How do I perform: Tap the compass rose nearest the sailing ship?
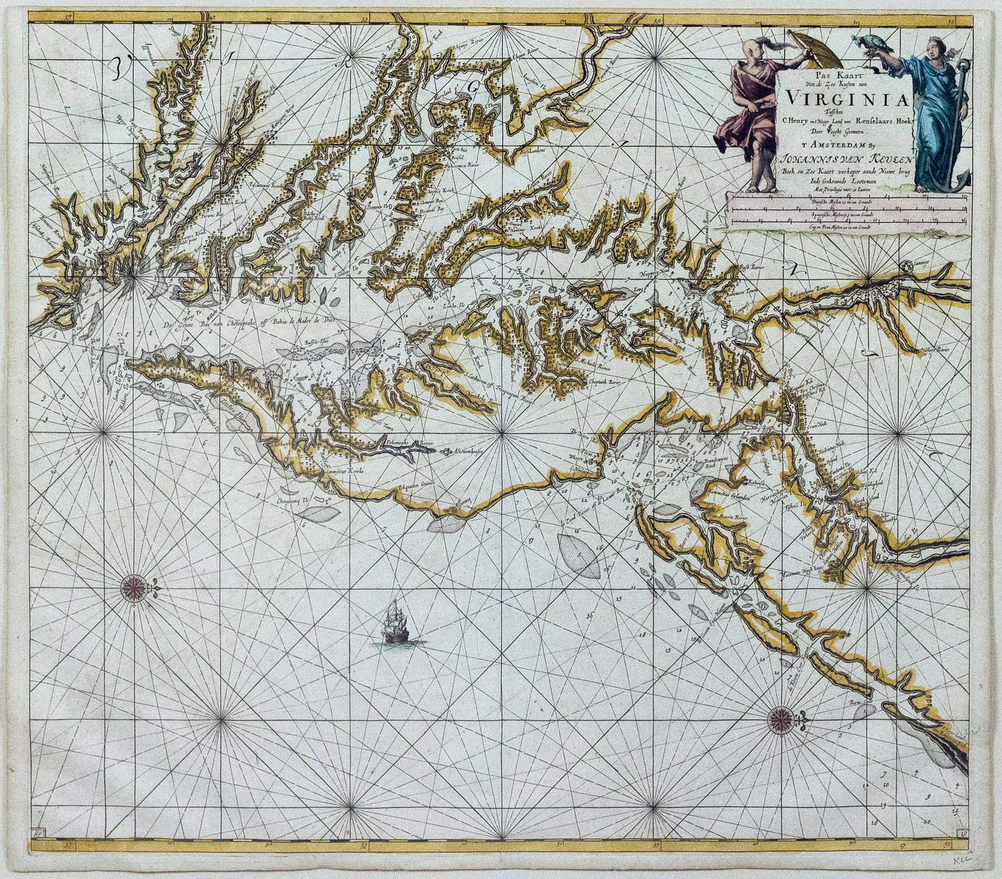(x=133, y=586)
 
